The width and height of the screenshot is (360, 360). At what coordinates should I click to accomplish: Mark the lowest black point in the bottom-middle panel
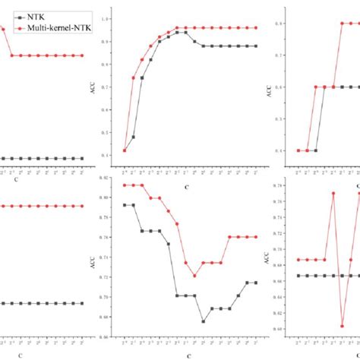[203, 321]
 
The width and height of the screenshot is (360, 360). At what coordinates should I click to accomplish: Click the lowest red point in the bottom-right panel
[341, 326]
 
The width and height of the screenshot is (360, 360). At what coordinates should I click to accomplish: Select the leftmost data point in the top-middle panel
[125, 150]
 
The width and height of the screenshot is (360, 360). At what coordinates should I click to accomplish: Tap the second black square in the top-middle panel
[134, 137]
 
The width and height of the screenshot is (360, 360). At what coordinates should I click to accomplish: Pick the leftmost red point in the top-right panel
[298, 150]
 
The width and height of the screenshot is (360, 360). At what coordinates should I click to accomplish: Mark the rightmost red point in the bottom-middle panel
[255, 237]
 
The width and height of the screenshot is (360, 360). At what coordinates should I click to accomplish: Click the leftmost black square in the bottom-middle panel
[125, 205]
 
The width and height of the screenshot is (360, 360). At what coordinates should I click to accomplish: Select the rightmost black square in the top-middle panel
[255, 46]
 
